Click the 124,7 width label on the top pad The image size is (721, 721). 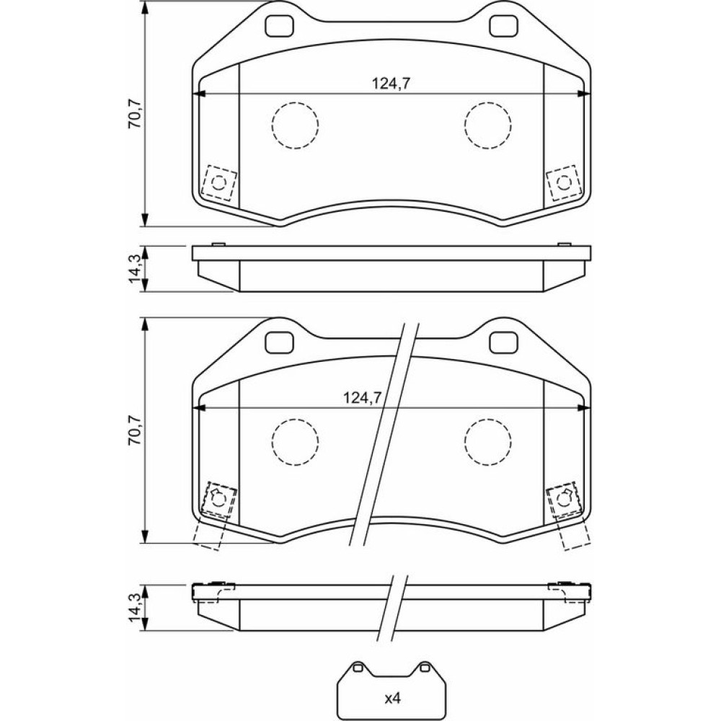[x=391, y=83]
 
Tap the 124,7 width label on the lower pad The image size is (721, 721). [x=363, y=397]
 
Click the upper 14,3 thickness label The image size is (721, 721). [x=136, y=269]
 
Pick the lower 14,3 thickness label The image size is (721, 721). [x=136, y=607]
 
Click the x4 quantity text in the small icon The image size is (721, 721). [x=392, y=699]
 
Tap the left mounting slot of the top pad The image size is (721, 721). [x=279, y=26]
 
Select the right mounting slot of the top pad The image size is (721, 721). [x=503, y=26]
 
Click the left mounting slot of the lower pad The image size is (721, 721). [x=279, y=342]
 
